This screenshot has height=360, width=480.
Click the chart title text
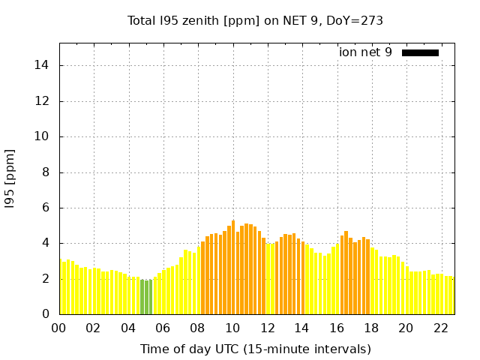[x=255, y=21]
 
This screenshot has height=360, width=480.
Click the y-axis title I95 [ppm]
[x=10, y=178]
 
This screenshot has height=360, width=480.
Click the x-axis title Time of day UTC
[x=255, y=349]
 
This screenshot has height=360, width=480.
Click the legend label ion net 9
[x=365, y=52]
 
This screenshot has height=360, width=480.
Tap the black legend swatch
[x=420, y=52]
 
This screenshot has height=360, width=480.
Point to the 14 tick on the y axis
[x=43, y=65]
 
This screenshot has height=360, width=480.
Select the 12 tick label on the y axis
[x=43, y=101]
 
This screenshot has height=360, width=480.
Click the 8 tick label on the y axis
[x=46, y=172]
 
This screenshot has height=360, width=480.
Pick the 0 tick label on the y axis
[x=46, y=314]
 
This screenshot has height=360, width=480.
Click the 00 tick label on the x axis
[x=59, y=328]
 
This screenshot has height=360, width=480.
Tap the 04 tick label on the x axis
[x=129, y=328]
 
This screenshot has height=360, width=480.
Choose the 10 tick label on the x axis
[x=232, y=328]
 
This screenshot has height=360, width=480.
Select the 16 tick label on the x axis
[x=337, y=328]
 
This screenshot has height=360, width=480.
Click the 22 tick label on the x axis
[x=441, y=328]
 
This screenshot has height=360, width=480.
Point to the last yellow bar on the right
[x=452, y=295]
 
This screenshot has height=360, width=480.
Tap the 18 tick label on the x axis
[x=371, y=328]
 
